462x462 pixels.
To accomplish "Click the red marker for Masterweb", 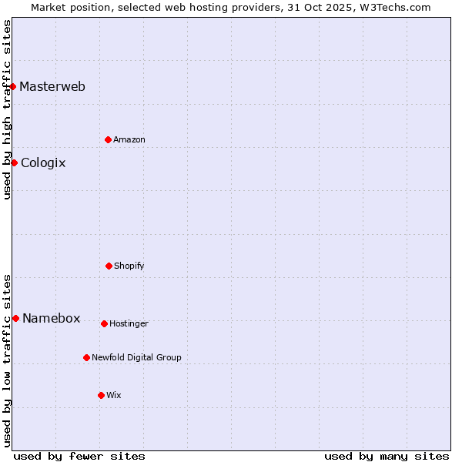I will [x=13, y=86].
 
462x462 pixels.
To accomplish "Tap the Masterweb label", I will [x=52, y=86].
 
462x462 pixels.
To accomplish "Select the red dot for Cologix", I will [x=14, y=162].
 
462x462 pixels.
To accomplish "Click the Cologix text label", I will [x=43, y=162].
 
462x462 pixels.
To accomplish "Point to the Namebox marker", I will [x=15, y=318].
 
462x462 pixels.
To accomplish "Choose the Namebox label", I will [x=51, y=319].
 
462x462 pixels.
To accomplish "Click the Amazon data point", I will [x=108, y=139].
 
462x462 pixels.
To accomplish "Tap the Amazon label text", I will [x=129, y=139].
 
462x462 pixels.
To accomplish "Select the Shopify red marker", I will [x=109, y=266].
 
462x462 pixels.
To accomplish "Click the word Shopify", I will [x=129, y=266].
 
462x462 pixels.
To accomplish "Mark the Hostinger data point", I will [x=104, y=323].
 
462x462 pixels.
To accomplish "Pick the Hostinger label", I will [x=129, y=323].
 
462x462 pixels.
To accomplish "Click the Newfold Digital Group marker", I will [x=86, y=357].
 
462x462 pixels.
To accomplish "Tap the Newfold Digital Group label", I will [x=136, y=357].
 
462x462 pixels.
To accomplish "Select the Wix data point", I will [x=101, y=395].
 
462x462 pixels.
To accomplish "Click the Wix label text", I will [x=114, y=395].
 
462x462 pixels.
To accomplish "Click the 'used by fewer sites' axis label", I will [x=79, y=456].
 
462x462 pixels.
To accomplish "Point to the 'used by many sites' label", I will [x=387, y=456].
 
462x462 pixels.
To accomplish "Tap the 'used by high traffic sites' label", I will [x=7, y=109].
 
